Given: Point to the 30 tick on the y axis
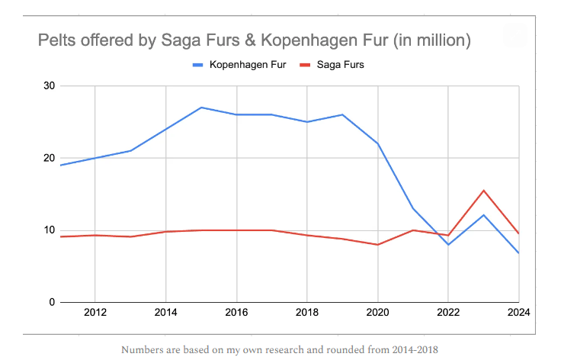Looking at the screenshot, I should coord(49,86).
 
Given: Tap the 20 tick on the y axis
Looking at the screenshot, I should coord(49,158).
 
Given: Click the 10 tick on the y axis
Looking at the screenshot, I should coord(49,230).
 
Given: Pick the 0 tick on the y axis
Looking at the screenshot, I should coord(52,302).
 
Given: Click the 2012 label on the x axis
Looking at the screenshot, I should coord(95,313).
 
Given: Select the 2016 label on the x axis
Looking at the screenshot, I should coord(236,313).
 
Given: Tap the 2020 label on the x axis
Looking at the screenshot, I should coord(377,313).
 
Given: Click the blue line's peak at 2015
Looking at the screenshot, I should coord(200,108).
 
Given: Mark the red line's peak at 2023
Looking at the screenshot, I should coord(483,191).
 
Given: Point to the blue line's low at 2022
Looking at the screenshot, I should coord(448,245).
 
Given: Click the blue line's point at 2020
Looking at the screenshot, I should coord(377,143).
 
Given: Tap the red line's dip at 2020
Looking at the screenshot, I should coord(377,245).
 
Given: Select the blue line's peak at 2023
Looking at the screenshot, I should coord(483,215).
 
